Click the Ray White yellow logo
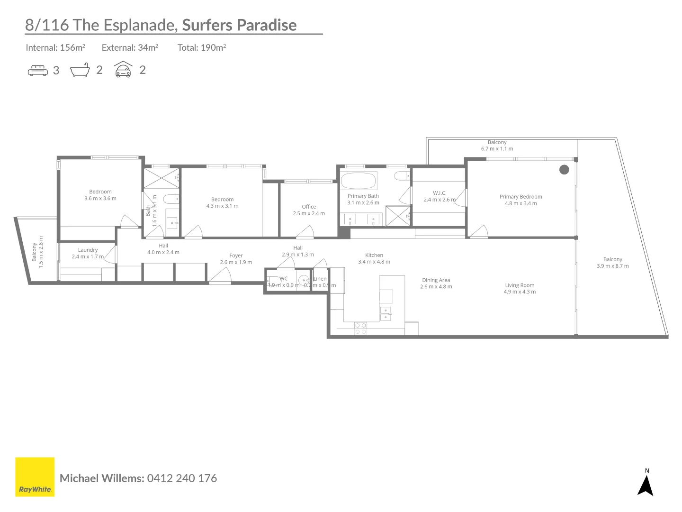35,477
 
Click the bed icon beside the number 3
38,71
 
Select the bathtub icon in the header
80,70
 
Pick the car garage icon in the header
123,70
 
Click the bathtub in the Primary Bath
359,181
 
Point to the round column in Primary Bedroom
564,169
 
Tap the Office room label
309,207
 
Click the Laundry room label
88,250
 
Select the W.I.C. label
440,193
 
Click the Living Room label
520,285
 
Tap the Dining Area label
436,280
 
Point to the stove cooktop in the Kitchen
360,328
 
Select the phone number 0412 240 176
182,478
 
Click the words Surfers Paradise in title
239,25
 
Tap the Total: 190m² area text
202,47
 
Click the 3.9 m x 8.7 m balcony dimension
612,266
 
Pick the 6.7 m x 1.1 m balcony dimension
497,148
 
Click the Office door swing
305,232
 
